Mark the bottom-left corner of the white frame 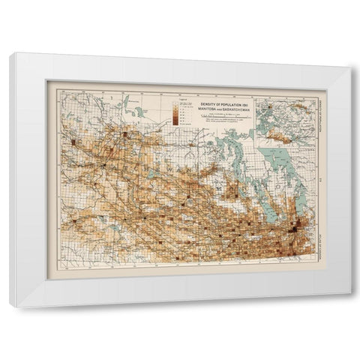click(17, 307)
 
